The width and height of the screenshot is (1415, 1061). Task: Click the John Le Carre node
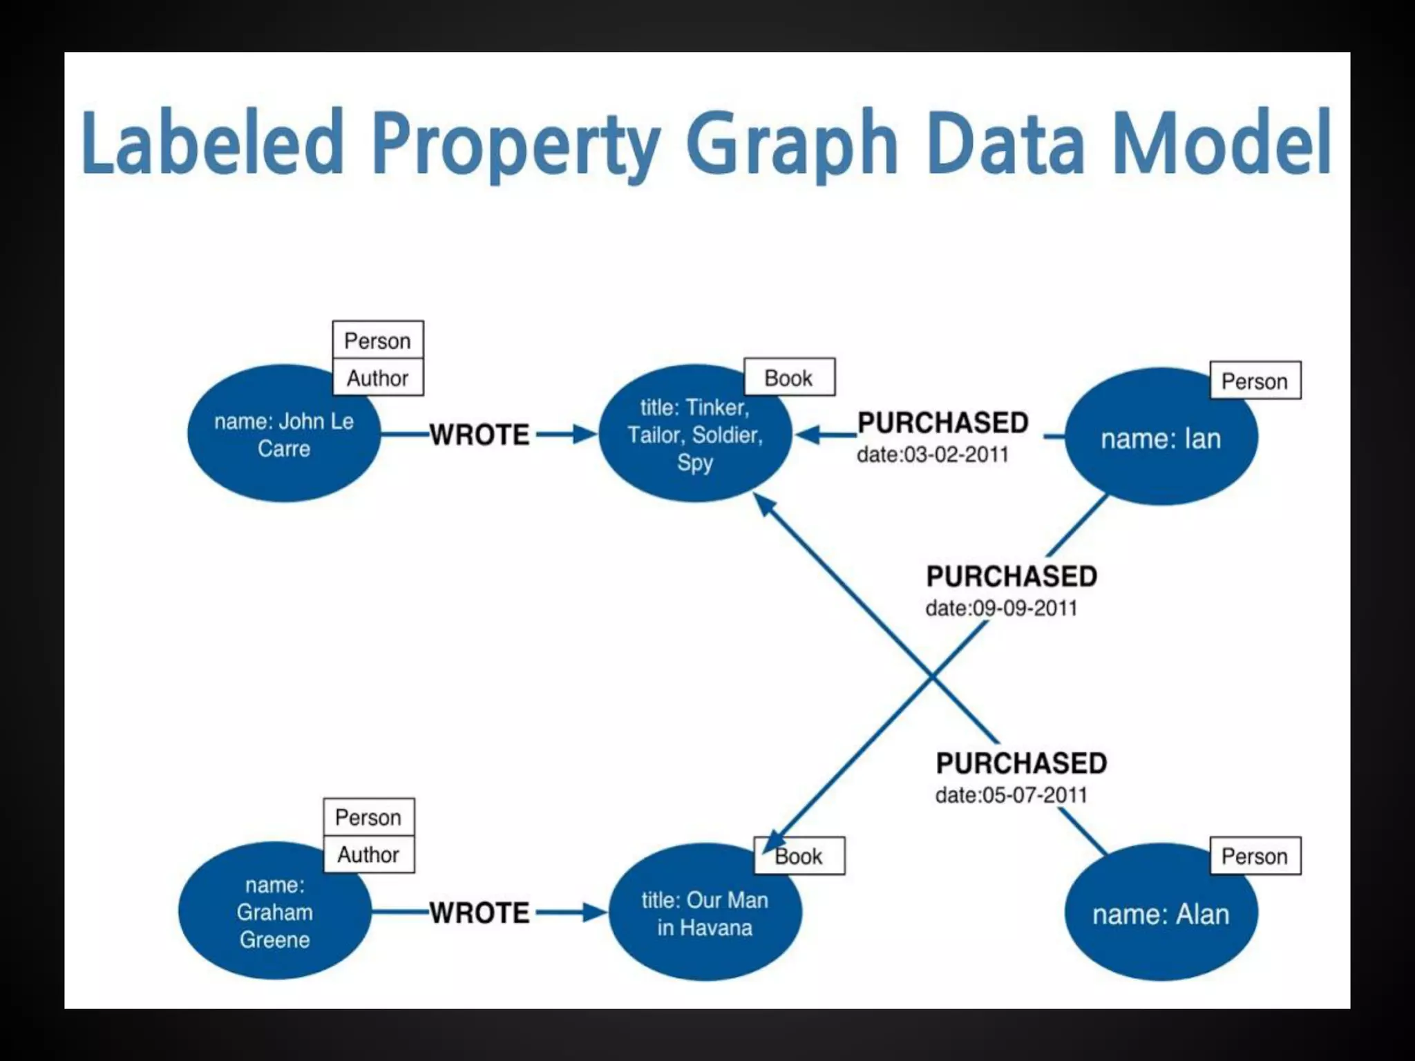point(283,434)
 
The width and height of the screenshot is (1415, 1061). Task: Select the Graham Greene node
point(274,912)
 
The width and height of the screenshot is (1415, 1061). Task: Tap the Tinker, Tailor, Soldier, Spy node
point(694,434)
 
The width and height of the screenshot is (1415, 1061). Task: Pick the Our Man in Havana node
point(705,913)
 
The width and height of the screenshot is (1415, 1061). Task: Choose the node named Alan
point(1161,914)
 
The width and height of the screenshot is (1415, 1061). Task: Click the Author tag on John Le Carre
point(378,378)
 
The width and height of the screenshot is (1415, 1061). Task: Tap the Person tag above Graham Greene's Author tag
point(368,817)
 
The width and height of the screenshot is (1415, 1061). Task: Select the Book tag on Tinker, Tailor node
point(789,378)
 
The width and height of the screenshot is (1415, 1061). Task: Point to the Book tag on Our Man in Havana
point(799,857)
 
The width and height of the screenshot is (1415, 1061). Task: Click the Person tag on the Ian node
point(1255,381)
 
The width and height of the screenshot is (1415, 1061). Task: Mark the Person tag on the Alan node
point(1255,857)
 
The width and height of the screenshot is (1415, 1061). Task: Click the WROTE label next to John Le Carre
point(479,434)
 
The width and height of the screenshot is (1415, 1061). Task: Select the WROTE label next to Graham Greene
point(479,913)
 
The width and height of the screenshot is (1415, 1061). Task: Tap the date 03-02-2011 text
point(933,455)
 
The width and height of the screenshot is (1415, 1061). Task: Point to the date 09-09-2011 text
point(1001,609)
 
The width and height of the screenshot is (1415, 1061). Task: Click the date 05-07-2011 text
point(1011,795)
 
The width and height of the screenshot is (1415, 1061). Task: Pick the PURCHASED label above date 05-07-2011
point(1021,763)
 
